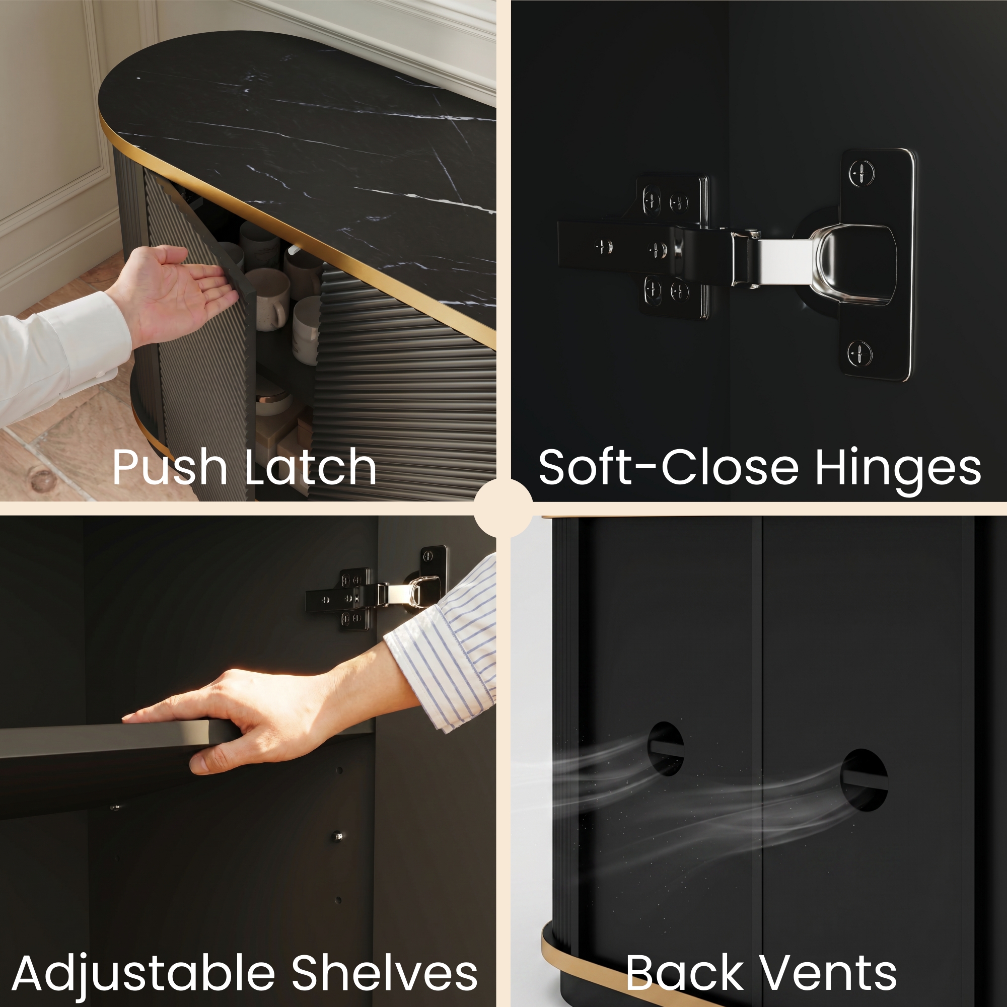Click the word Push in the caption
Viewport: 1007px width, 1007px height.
click(x=169, y=467)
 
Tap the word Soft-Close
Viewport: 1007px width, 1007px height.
click(x=668, y=467)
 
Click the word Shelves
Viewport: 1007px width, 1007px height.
click(x=385, y=973)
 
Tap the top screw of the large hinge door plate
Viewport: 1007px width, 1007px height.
click(x=861, y=173)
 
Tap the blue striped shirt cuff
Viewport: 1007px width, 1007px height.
click(x=443, y=646)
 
